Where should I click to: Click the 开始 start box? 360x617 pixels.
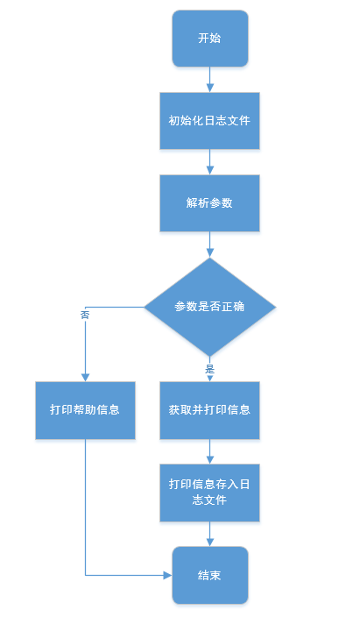(x=209, y=39)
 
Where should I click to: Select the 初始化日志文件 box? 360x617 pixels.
(x=209, y=120)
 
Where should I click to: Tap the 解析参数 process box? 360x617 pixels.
(x=209, y=202)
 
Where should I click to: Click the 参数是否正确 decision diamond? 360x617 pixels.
(x=209, y=306)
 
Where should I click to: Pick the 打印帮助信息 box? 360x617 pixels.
(x=85, y=409)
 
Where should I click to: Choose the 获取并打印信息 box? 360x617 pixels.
(x=209, y=409)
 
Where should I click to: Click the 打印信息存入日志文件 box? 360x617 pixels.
(x=209, y=493)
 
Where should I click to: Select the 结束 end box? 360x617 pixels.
(x=209, y=575)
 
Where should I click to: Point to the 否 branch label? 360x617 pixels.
(x=85, y=314)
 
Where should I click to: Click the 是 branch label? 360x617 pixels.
(x=209, y=369)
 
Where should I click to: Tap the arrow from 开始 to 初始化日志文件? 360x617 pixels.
(x=209, y=80)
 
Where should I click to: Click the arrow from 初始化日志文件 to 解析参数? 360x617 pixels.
(x=209, y=161)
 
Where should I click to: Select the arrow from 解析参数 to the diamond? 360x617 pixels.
(x=209, y=245)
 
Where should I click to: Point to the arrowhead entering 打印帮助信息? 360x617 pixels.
(x=85, y=377)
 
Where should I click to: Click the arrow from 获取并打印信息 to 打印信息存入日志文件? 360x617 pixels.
(x=209, y=450)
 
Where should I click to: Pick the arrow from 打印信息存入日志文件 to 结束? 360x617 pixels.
(x=209, y=535)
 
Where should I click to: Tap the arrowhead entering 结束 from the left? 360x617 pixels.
(x=167, y=575)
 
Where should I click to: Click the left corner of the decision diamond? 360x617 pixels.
(x=145, y=307)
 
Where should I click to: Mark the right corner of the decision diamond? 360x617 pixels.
(x=274, y=307)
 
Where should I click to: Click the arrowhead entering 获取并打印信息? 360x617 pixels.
(x=209, y=378)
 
